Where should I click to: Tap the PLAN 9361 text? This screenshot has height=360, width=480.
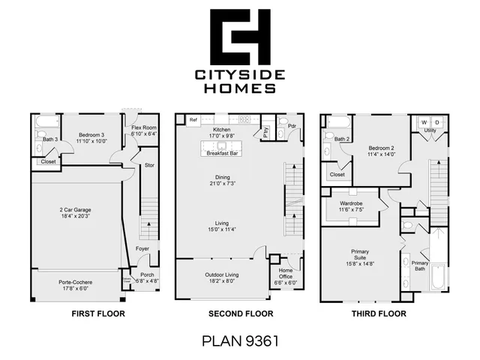click(x=240, y=341)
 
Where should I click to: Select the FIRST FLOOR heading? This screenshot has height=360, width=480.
click(x=97, y=313)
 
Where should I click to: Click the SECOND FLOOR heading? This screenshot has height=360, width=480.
click(x=240, y=313)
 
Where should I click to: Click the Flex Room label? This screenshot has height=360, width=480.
click(x=143, y=127)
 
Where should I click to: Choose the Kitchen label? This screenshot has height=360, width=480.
click(x=221, y=130)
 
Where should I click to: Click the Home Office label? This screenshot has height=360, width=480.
click(x=286, y=274)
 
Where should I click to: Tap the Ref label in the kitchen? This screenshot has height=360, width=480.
click(x=193, y=119)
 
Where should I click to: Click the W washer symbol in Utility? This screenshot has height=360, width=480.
click(x=424, y=121)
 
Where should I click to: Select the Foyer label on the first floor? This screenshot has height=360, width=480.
click(x=142, y=248)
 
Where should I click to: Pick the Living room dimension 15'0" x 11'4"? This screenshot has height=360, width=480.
click(x=221, y=229)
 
